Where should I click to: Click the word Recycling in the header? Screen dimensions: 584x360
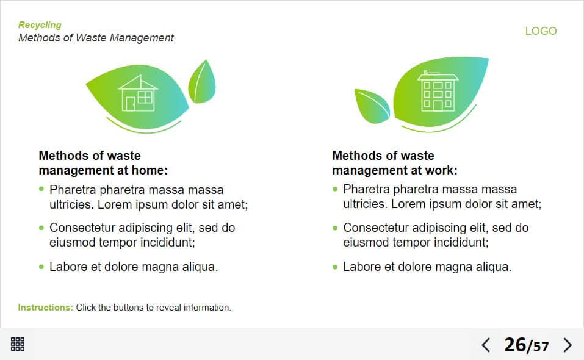(x=40, y=25)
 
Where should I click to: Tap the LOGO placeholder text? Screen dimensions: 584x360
(x=541, y=31)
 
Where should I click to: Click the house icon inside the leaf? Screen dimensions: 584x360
(x=138, y=93)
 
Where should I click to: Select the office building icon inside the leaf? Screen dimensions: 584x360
(x=438, y=91)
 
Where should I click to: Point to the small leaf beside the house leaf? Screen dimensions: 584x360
(x=201, y=82)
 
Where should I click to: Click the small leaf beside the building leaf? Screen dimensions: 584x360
(x=372, y=106)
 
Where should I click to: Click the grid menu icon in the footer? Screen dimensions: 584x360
(x=18, y=344)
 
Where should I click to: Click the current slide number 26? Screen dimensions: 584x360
(x=515, y=345)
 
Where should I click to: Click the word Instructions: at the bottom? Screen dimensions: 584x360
(x=45, y=308)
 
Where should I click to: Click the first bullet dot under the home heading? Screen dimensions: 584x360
(x=41, y=189)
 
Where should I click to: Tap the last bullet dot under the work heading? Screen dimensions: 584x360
(x=335, y=267)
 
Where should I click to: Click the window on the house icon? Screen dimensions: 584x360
(x=145, y=97)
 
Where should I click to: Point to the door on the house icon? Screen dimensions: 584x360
(x=131, y=104)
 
